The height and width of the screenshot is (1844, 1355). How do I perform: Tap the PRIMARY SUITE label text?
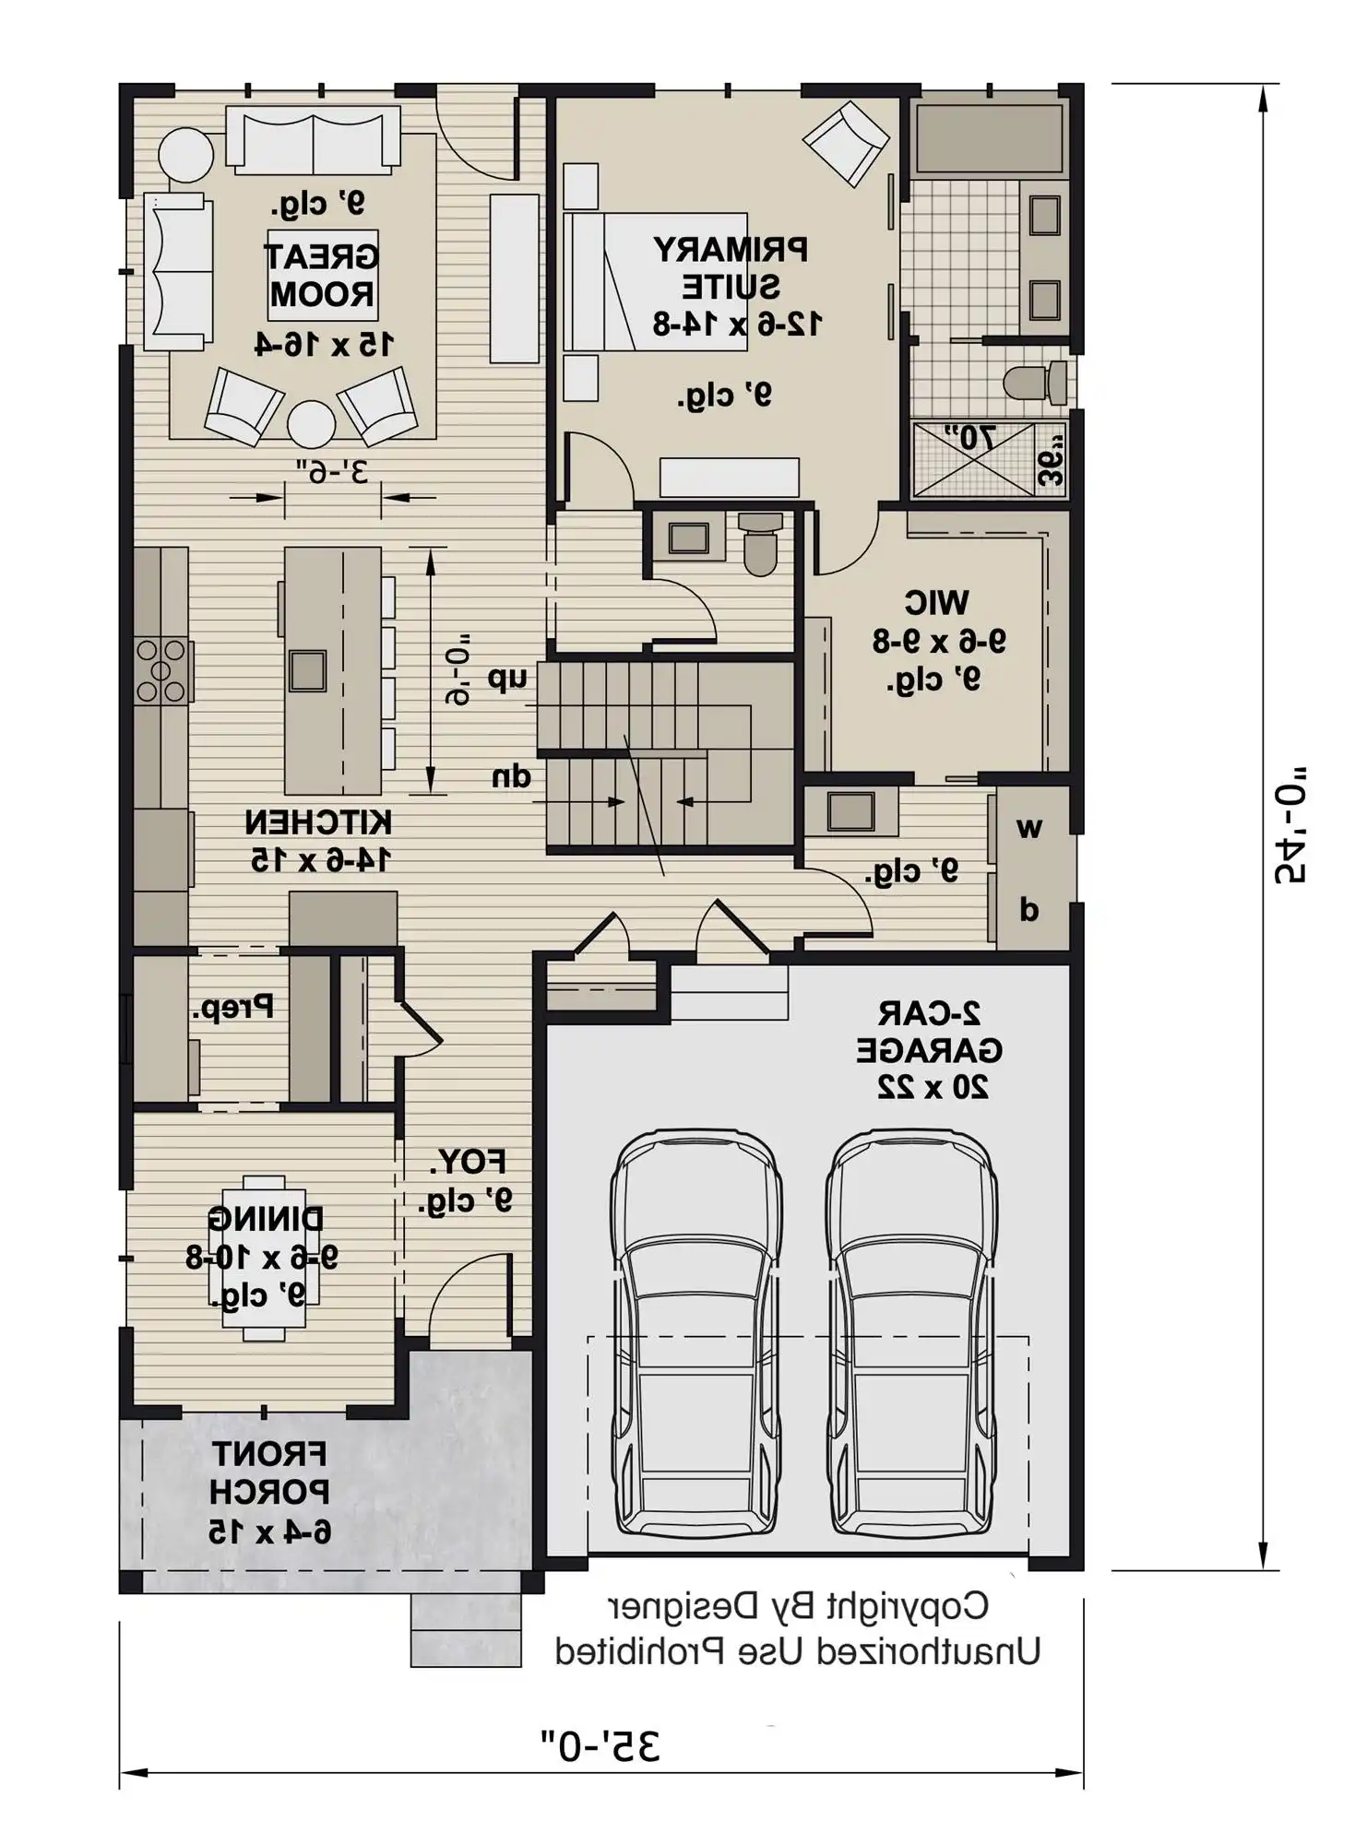pyautogui.click(x=731, y=268)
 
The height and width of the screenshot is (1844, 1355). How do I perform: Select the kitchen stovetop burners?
pyautogui.click(x=161, y=670)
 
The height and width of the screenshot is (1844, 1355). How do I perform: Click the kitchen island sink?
pyautogui.click(x=307, y=670)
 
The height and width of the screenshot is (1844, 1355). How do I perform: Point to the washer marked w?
pyautogui.click(x=1029, y=827)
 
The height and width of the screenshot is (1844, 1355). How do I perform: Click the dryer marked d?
pyautogui.click(x=1029, y=910)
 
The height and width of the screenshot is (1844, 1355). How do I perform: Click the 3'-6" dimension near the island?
pyautogui.click(x=333, y=471)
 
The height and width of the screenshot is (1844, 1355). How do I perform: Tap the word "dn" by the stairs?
pyautogui.click(x=512, y=776)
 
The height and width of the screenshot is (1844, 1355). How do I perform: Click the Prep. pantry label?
pyautogui.click(x=233, y=1007)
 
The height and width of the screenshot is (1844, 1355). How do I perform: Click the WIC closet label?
pyautogui.click(x=936, y=603)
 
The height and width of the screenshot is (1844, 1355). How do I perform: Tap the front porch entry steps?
pyautogui.click(x=466, y=1629)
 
